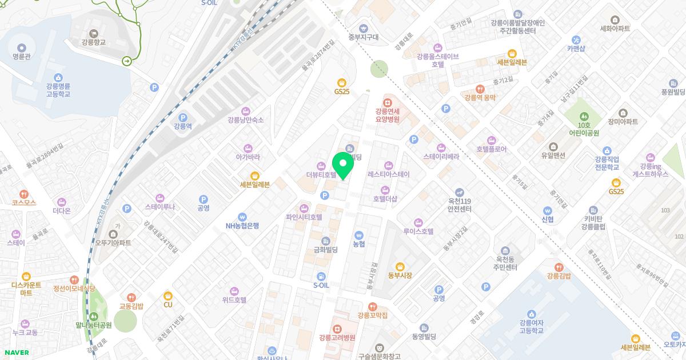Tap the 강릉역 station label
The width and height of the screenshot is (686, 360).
click(x=182, y=126)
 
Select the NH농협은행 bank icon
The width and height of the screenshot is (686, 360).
click(x=242, y=217)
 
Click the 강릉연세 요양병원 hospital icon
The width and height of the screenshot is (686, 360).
click(x=387, y=102)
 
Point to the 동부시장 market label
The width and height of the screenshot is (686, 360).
click(x=400, y=275)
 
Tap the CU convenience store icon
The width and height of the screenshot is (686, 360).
click(x=168, y=295)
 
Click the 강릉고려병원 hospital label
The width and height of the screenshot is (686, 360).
click(x=337, y=338)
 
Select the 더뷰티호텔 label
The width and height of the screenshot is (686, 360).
click(x=321, y=174)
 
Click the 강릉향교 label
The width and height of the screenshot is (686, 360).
click(x=94, y=42)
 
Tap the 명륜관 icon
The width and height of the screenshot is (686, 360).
click(x=21, y=48)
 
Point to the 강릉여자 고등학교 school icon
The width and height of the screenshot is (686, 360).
click(x=531, y=314)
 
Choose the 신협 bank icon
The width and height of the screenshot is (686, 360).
click(x=547, y=210)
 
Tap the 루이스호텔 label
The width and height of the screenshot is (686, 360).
click(x=418, y=231)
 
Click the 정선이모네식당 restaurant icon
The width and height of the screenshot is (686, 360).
click(x=74, y=279)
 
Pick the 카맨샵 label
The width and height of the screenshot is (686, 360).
click(x=576, y=49)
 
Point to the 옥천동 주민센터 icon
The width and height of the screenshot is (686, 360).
click(x=505, y=251)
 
